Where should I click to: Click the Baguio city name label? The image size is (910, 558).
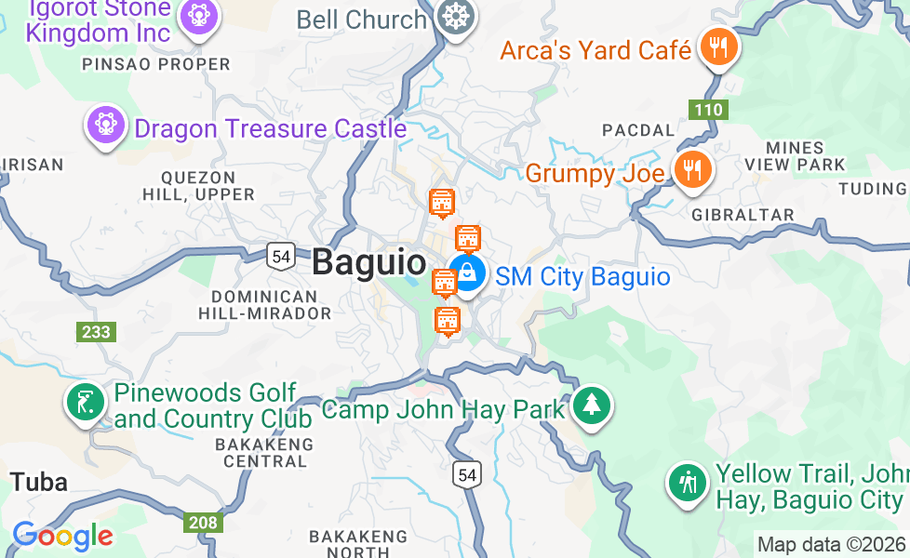pos(368,262)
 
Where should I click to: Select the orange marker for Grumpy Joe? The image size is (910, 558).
pos(692,171)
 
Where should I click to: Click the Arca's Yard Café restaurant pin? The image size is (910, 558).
pos(717,47)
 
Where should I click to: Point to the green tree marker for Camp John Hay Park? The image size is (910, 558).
pos(590,406)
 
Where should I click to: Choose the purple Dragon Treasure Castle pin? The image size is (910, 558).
pos(105,125)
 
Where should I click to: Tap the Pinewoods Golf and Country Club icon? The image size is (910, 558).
pos(85,404)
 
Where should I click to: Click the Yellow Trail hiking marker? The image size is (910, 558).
pos(688,484)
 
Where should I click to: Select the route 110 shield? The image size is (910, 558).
pos(708,110)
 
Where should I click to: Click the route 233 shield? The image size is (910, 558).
pos(96,332)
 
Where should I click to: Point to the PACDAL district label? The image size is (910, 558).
pos(637,130)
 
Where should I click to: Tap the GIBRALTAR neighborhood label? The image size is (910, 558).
pos(743,215)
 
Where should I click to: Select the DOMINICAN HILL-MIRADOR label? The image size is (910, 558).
pos(264,305)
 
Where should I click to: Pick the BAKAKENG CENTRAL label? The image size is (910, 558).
pos(264,452)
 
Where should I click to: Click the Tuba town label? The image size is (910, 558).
pos(39,482)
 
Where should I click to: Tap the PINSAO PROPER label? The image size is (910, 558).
pos(156,64)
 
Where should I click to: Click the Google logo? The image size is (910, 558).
pos(62,536)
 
